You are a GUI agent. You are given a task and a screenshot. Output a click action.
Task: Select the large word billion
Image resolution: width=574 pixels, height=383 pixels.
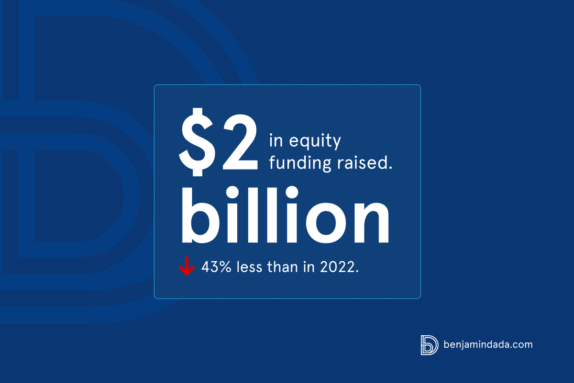(285, 214)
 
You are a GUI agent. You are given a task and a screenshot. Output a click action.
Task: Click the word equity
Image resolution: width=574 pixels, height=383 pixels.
(315, 141)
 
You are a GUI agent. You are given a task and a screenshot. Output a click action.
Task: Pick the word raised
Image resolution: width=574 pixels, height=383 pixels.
(362, 162)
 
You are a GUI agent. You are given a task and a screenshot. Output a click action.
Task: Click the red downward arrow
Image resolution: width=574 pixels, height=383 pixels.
(187, 266)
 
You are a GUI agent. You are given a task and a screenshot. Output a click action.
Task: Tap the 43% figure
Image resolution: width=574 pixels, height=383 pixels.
(216, 267)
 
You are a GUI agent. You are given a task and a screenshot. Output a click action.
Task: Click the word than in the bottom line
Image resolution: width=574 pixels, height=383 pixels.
(283, 267)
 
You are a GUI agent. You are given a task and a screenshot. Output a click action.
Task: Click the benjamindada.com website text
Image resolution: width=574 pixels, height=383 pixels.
(488, 345)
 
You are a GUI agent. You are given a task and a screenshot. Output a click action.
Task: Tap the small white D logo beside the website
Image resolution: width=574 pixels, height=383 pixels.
(430, 345)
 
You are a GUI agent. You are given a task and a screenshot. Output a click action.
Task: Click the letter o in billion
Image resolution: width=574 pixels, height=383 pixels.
(326, 222)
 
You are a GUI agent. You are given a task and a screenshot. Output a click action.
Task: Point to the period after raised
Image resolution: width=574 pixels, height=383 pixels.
(390, 168)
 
